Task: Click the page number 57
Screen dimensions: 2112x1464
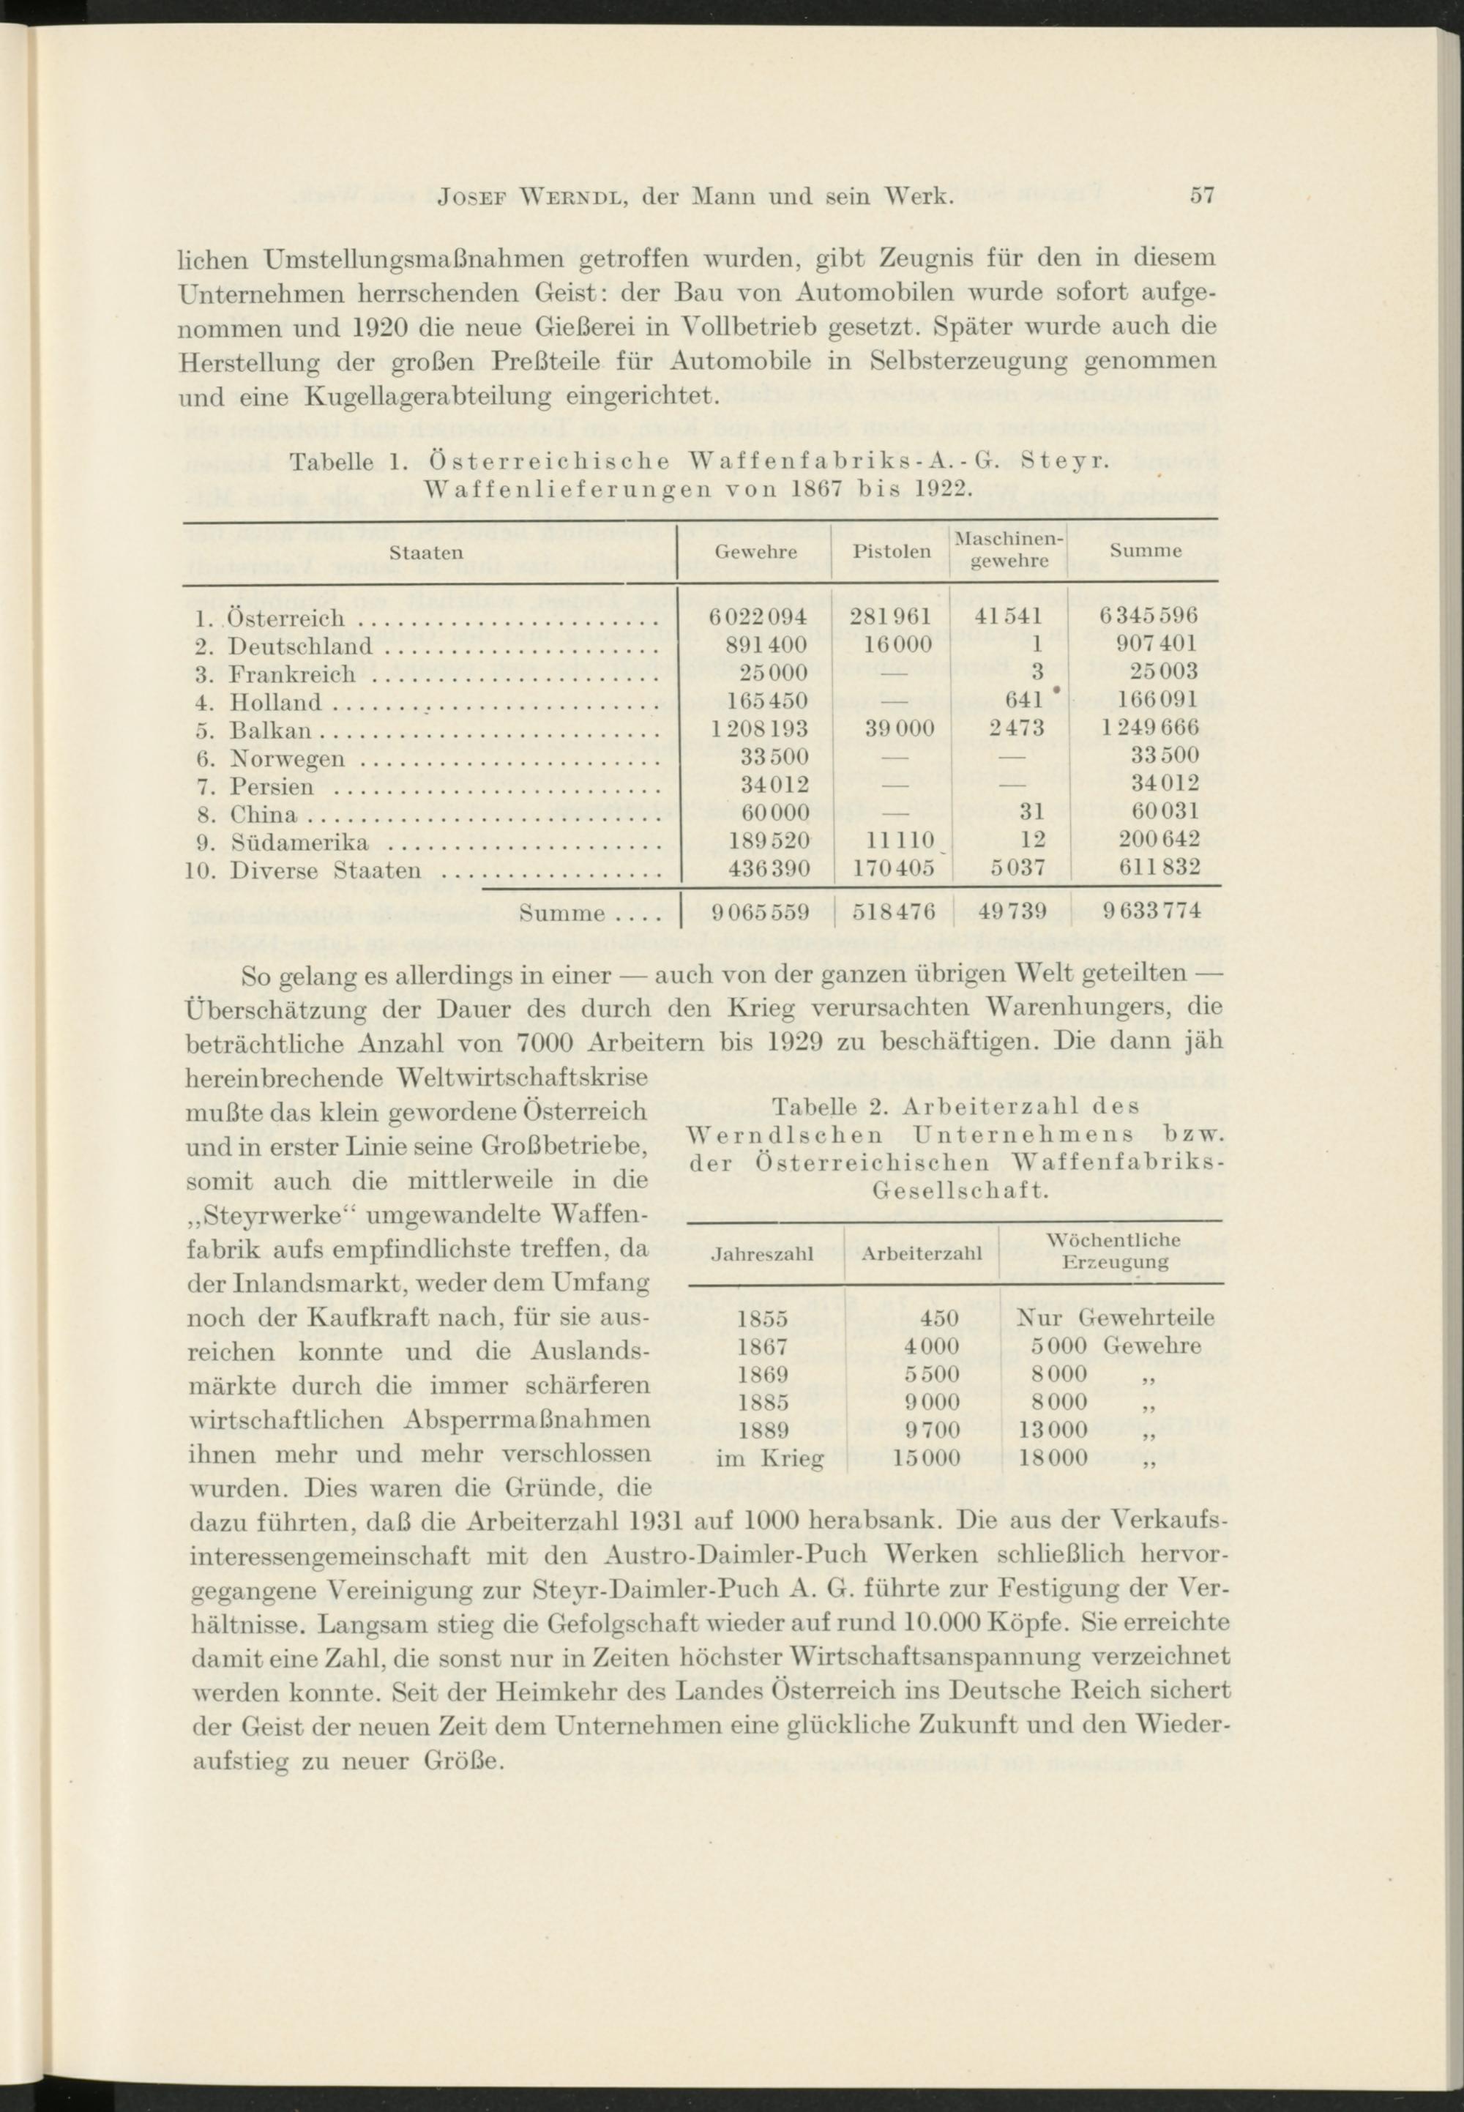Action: pos(1202,195)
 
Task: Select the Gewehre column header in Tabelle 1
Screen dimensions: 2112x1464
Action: pos(755,552)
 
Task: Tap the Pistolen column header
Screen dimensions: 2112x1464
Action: pos(892,552)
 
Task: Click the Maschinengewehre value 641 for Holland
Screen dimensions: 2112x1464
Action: pos(1019,702)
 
